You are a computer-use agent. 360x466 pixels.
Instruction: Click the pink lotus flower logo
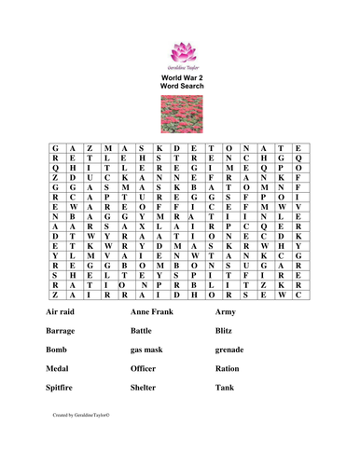179,49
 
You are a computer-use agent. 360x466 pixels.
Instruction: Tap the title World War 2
179,75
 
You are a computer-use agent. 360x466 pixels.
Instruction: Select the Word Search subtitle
179,87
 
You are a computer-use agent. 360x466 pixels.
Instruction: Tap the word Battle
144,330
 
